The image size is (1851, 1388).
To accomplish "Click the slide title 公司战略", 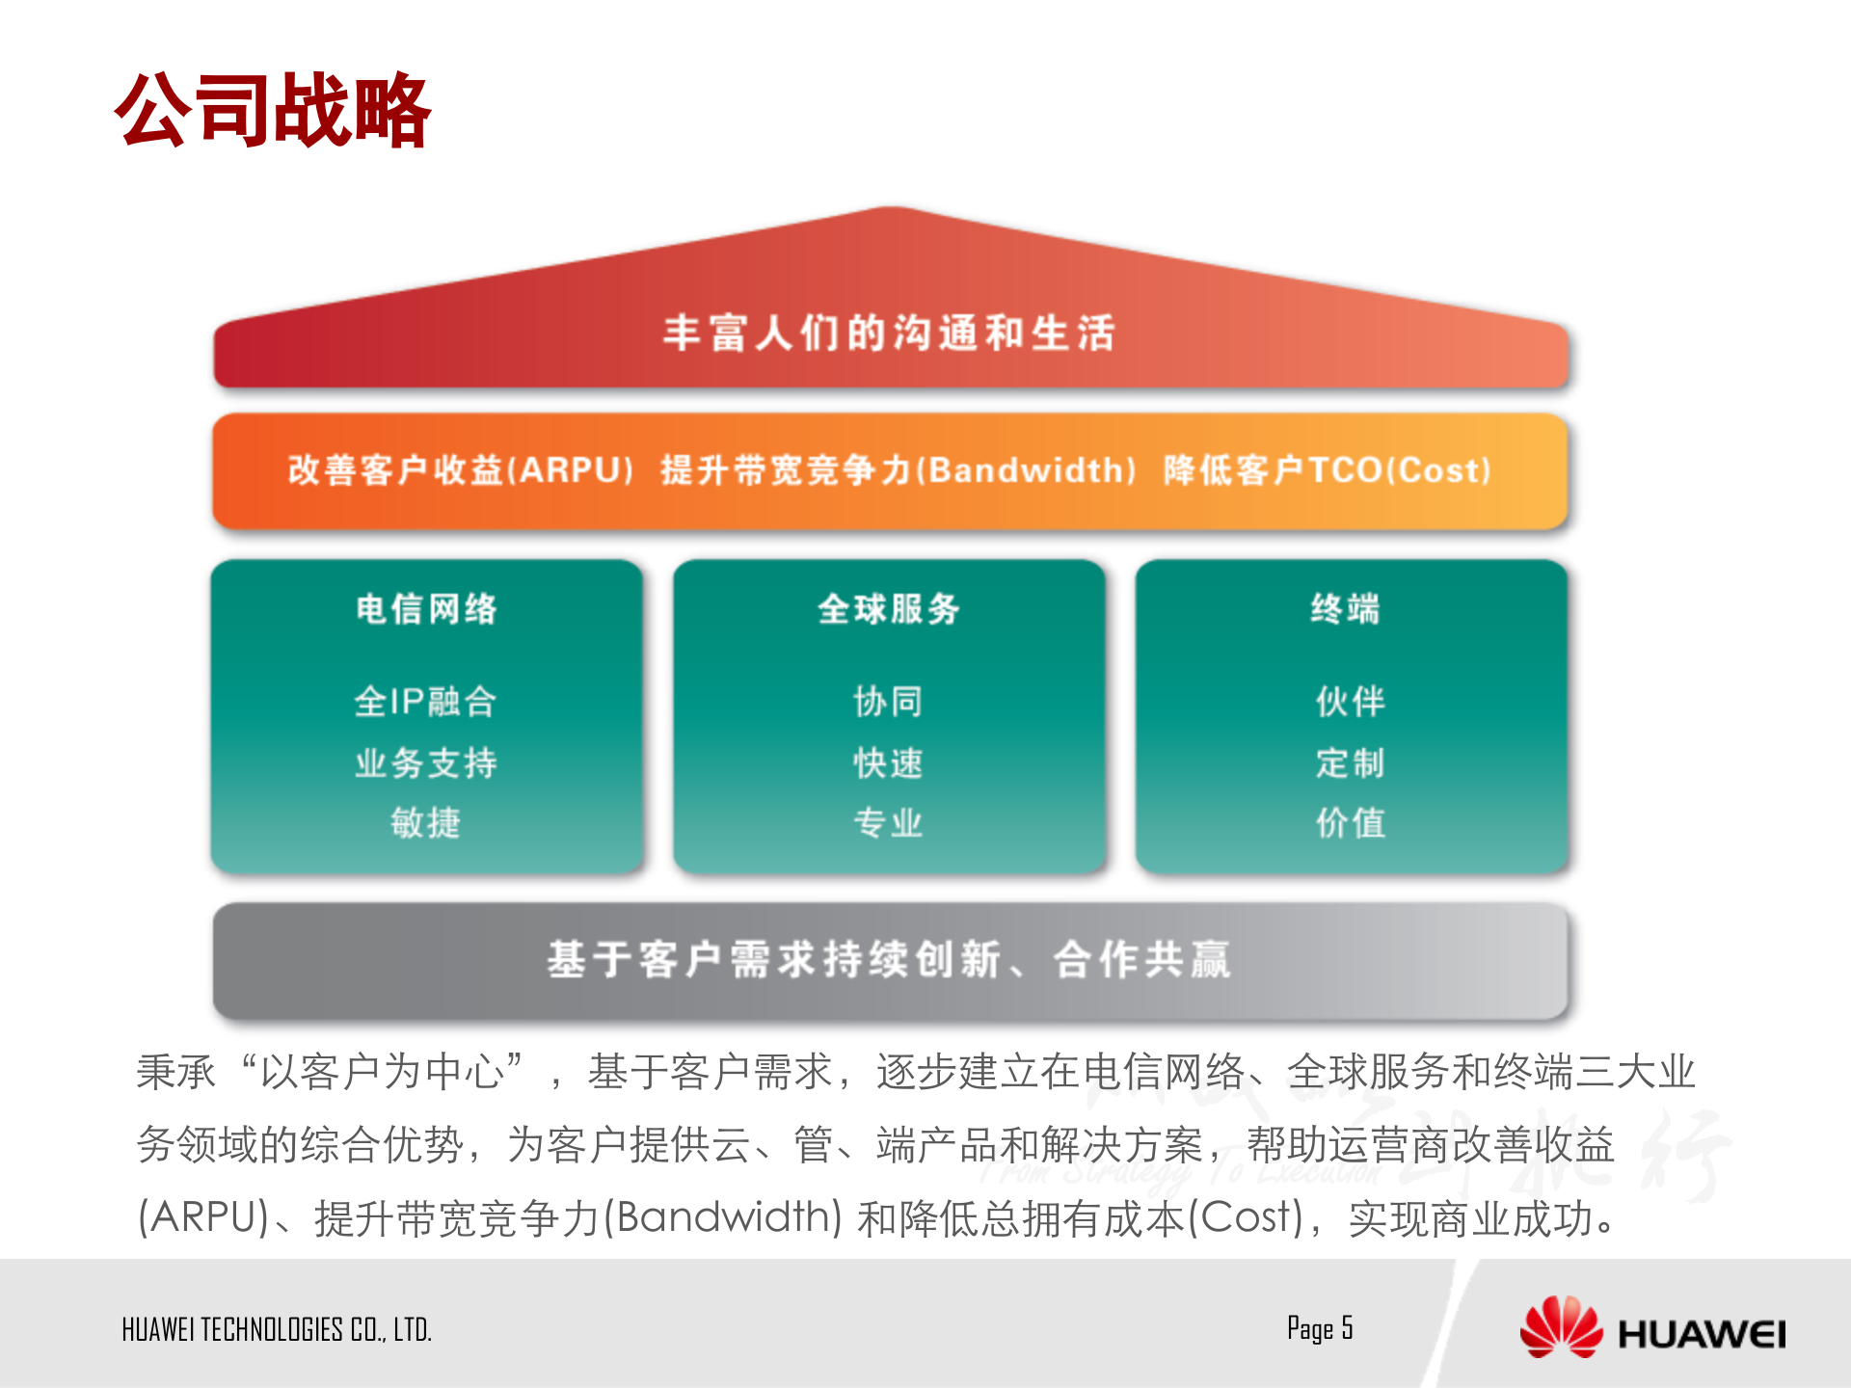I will pos(273,111).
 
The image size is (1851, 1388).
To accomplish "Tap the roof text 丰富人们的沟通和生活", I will pos(889,334).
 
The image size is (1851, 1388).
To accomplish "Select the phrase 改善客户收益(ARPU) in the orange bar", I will pos(461,470).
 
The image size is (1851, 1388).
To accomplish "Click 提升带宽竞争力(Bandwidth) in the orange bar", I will pos(899,470).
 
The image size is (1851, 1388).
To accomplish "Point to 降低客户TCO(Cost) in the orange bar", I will pos(1328,470).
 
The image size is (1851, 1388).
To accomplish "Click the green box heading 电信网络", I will pos(426,609).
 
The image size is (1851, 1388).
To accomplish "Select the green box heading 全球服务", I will pos(889,609).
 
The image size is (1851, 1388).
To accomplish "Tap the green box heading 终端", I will pos(1346,609).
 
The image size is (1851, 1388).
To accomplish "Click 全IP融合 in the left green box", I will pos(426,702).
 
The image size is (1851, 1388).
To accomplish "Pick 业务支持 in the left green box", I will pos(426,763).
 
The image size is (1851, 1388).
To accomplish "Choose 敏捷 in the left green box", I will pos(426,823).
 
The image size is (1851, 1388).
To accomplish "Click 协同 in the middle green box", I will pos(888,702).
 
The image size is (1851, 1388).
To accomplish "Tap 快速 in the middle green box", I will pos(888,763).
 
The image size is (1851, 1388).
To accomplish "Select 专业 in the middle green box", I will pos(888,823).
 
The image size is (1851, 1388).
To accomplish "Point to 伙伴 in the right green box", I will pos(1351,702).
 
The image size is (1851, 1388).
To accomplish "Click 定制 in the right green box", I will pos(1351,763).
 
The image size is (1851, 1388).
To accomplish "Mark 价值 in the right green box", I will pos(1351,823).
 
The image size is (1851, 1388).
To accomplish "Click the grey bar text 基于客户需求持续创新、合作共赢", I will pos(889,960).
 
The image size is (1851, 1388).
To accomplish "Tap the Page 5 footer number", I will pos(1320,1328).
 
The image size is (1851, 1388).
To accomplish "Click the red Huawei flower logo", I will pos(1560,1327).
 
